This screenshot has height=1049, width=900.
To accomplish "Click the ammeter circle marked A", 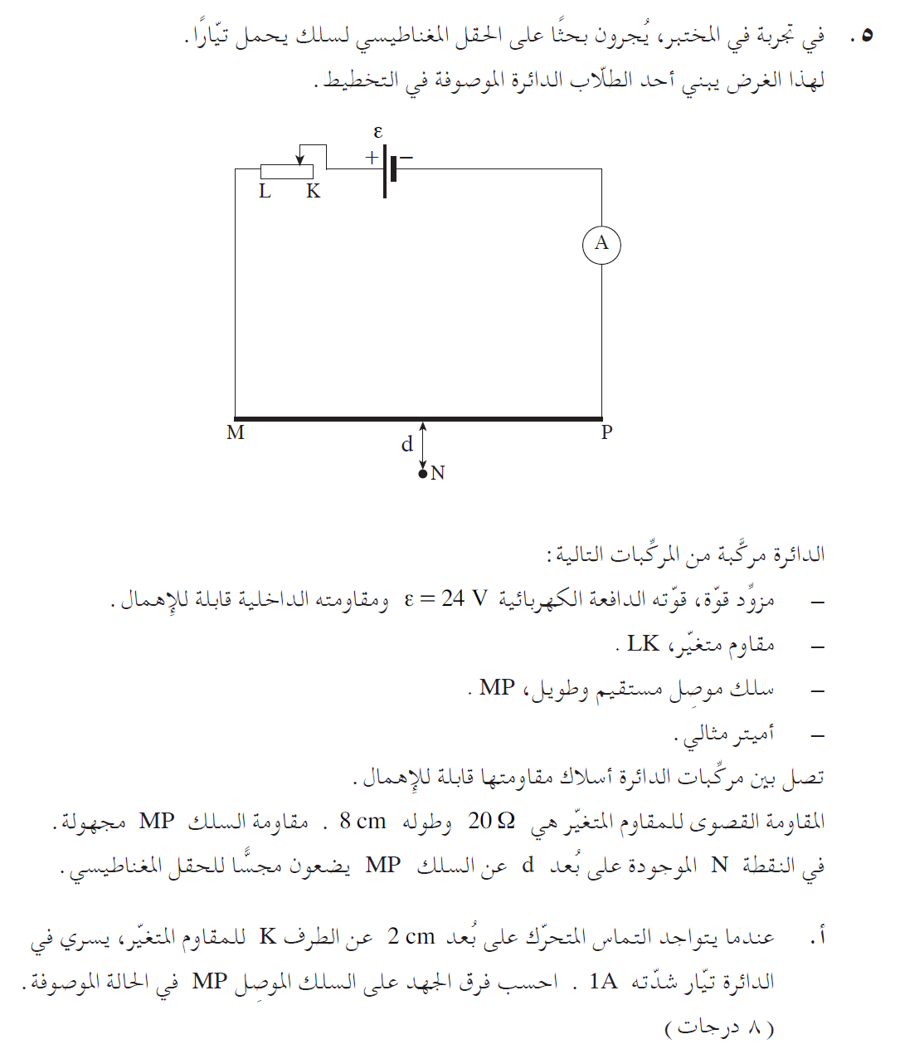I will pos(601,244).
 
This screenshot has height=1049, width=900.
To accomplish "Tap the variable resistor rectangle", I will pos(287,172).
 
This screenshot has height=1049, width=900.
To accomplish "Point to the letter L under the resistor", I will pos(265,192).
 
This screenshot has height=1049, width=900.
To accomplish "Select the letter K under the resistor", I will pos(313,192).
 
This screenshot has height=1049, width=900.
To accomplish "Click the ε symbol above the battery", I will pos(378,132).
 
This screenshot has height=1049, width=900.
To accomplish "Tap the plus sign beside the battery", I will pos(372,157).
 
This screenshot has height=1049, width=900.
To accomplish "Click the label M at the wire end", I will pos(236,433).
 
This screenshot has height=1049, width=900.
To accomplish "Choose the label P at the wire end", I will pos(606,432).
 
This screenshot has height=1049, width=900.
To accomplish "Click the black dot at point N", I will pos(422,474).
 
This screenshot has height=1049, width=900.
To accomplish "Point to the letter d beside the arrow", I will pos(406,445).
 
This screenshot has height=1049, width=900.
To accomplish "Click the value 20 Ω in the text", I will pos(491,822).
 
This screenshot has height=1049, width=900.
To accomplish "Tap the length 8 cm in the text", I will pos(362,822).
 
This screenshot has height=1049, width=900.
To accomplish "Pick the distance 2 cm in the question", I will pos(411,937).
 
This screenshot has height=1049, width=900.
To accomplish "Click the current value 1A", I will pos(603,982).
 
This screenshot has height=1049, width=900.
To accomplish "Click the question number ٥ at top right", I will pos(867,37).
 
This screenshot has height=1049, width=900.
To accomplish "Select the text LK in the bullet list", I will pos(643,643).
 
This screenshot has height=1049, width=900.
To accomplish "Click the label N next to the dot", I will pos(438,473).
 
